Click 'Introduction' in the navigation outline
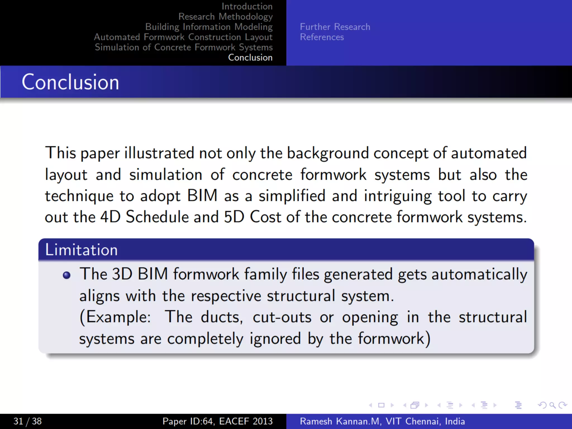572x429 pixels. click(247, 6)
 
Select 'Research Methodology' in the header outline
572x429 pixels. click(225, 17)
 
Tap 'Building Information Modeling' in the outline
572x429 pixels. click(209, 27)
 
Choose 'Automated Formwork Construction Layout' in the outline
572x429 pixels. click(183, 37)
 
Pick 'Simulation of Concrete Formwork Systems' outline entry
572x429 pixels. click(183, 47)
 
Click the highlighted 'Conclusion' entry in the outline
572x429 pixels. click(250, 58)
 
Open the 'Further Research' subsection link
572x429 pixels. click(335, 27)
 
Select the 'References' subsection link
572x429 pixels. click(322, 37)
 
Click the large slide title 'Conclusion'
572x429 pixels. click(70, 82)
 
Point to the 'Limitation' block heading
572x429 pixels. click(81, 250)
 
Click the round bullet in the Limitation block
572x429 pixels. click(66, 275)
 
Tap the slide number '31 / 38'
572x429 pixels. click(27, 421)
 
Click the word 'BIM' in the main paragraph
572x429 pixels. click(202, 196)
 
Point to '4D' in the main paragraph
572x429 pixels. click(110, 217)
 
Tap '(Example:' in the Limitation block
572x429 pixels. click(115, 317)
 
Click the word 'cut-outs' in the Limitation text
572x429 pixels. click(282, 317)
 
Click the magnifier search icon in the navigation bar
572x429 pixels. click(552, 405)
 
